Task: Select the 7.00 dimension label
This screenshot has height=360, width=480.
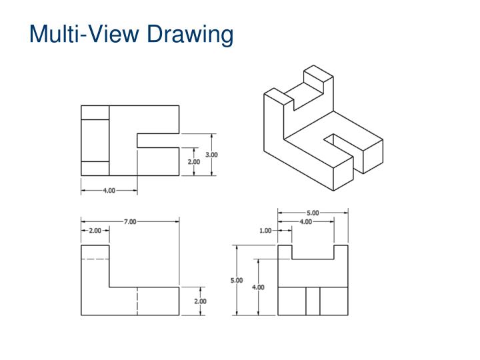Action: pyautogui.click(x=129, y=221)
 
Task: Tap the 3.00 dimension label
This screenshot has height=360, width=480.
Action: pyautogui.click(x=211, y=155)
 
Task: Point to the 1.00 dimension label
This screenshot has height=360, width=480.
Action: pyautogui.click(x=265, y=231)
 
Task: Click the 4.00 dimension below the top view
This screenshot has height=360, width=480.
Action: pyautogui.click(x=109, y=191)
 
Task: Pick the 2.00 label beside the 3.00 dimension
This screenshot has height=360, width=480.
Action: pyautogui.click(x=193, y=162)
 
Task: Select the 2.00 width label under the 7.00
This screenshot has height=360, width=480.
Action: pyautogui.click(x=95, y=231)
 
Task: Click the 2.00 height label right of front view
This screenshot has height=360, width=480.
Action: pyautogui.click(x=200, y=301)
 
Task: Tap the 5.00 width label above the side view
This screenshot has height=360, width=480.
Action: pyautogui.click(x=312, y=213)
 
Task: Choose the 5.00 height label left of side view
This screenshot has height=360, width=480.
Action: pyautogui.click(x=237, y=281)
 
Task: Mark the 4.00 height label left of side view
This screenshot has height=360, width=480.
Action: pyautogui.click(x=257, y=287)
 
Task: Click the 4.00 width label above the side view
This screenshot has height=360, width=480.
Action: pyautogui.click(x=305, y=222)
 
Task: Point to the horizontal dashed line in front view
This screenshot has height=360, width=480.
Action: pyautogui.click(x=95, y=259)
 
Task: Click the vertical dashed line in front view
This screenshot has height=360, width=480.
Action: pyautogui.click(x=137, y=301)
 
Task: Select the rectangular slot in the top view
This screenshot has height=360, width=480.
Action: pyautogui.click(x=158, y=141)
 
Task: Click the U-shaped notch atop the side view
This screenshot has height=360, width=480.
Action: pyautogui.click(x=313, y=251)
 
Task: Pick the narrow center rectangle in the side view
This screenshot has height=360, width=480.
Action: pyautogui.click(x=313, y=301)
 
